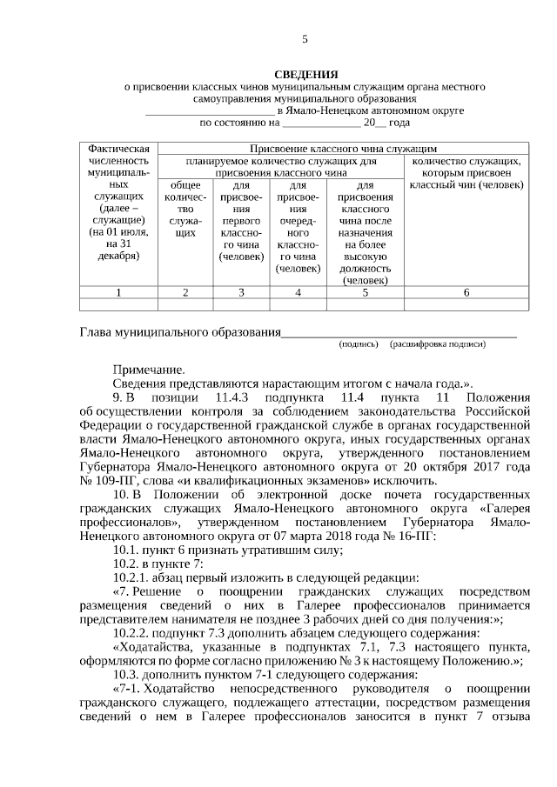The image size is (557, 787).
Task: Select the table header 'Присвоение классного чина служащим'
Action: pos(337,149)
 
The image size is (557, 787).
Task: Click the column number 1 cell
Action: pos(117,292)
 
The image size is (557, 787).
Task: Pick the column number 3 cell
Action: pos(241,292)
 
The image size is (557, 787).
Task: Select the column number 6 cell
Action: pos(466,292)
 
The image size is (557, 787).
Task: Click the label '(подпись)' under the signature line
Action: pos(359,344)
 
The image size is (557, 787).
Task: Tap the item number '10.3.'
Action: pos(129,674)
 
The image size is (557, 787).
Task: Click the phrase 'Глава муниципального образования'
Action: pos(180,332)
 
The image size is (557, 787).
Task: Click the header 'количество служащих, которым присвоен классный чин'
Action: pos(466,173)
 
